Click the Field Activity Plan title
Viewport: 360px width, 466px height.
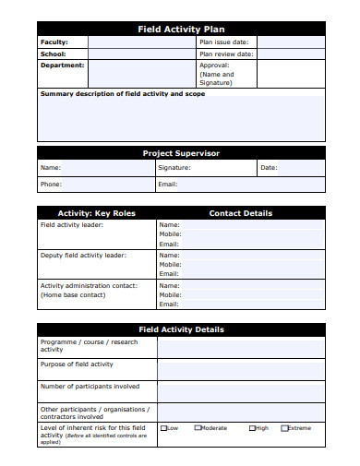coord(181,30)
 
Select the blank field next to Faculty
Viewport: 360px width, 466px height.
coord(141,42)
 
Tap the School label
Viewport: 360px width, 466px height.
coord(54,54)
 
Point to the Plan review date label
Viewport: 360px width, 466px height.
coord(226,54)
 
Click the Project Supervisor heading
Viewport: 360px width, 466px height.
coord(181,153)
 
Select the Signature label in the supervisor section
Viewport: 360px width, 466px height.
coord(174,168)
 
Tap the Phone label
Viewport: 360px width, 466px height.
coord(51,184)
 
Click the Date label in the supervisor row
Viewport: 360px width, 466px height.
coord(269,168)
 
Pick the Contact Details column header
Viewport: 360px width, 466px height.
coord(241,213)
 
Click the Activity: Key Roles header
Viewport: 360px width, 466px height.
coord(97,213)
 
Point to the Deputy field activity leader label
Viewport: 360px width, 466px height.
coord(83,255)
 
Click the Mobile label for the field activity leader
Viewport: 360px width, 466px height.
coord(170,234)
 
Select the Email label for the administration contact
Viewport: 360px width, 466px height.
coord(169,304)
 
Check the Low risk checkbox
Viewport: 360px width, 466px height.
coord(164,428)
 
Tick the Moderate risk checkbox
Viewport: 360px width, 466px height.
coord(198,428)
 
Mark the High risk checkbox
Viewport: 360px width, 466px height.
coord(251,428)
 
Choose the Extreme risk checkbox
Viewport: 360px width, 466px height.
coord(284,428)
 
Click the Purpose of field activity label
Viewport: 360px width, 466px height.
coord(77,364)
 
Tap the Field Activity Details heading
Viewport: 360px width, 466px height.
coord(181,329)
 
